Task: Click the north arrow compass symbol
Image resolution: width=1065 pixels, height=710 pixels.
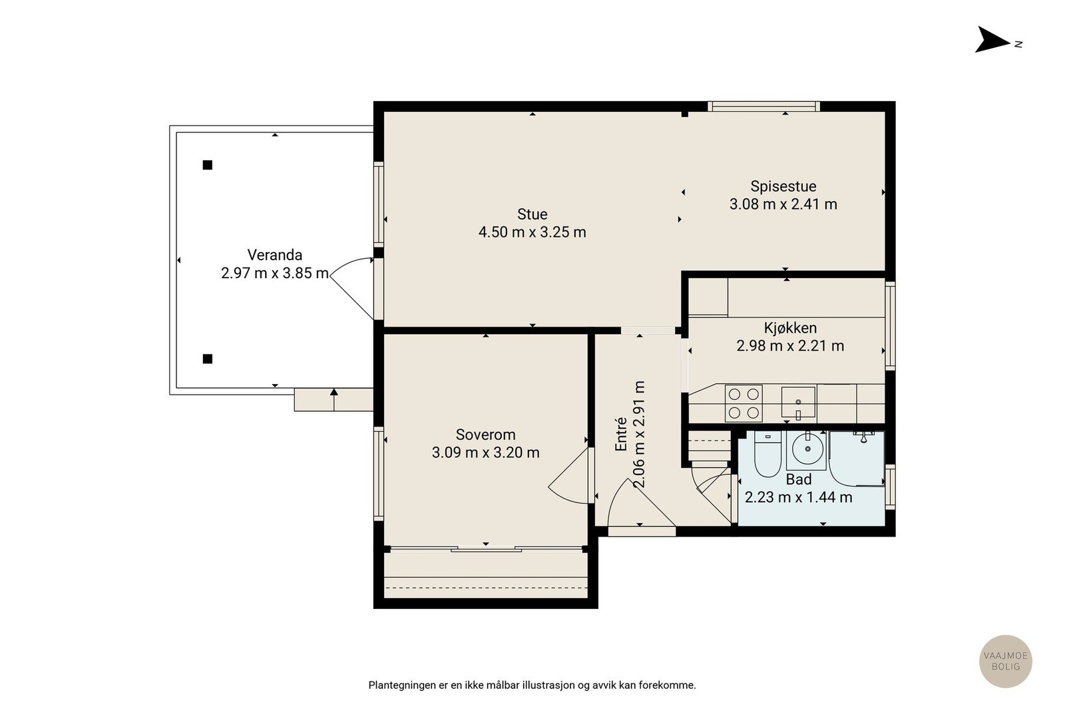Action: (x=996, y=40)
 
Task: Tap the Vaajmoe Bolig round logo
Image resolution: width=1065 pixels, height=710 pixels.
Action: (x=1006, y=661)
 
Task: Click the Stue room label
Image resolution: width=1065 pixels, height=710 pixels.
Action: (x=532, y=214)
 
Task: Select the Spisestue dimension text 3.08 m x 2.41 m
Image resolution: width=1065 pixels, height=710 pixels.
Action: (x=783, y=204)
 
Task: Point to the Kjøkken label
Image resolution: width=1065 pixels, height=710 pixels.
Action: (x=790, y=328)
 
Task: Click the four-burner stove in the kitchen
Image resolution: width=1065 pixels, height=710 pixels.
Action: (x=744, y=403)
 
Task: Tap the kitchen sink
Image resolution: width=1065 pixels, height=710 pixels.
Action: (x=798, y=403)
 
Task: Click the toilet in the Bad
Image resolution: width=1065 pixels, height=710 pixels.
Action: (x=767, y=454)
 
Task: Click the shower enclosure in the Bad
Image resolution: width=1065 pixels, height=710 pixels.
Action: (x=857, y=458)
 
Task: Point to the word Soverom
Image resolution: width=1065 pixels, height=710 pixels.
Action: (x=485, y=435)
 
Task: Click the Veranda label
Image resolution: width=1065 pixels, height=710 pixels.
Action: (x=275, y=256)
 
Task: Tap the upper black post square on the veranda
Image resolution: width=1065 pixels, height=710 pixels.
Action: (x=207, y=165)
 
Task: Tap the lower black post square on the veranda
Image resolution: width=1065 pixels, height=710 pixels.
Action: (x=207, y=359)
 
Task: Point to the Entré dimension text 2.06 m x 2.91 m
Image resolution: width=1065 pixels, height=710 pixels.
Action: (x=639, y=435)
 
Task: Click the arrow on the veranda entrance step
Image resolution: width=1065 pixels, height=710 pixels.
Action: (x=334, y=399)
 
